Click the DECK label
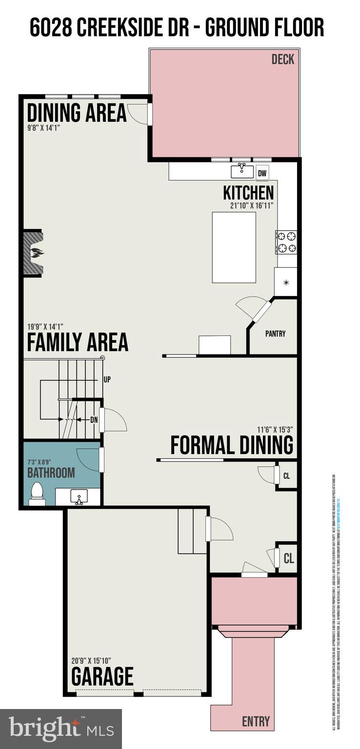coord(283,59)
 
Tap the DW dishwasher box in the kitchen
coord(262,173)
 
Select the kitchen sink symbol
coord(242,171)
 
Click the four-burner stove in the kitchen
coord(286,242)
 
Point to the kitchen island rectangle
coord(234,247)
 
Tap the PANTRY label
coord(276,334)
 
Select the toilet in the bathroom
coord(37,494)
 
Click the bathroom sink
coord(79,497)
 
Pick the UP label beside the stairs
coord(107,379)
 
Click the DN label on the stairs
coord(94,419)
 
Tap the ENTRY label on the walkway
coord(256,721)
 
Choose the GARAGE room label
coord(102,676)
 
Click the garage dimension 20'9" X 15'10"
coord(91,660)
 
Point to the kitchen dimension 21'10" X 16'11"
coord(252,205)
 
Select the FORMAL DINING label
coord(232,445)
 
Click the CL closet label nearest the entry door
coord(289,558)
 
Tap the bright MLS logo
coord(61,729)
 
